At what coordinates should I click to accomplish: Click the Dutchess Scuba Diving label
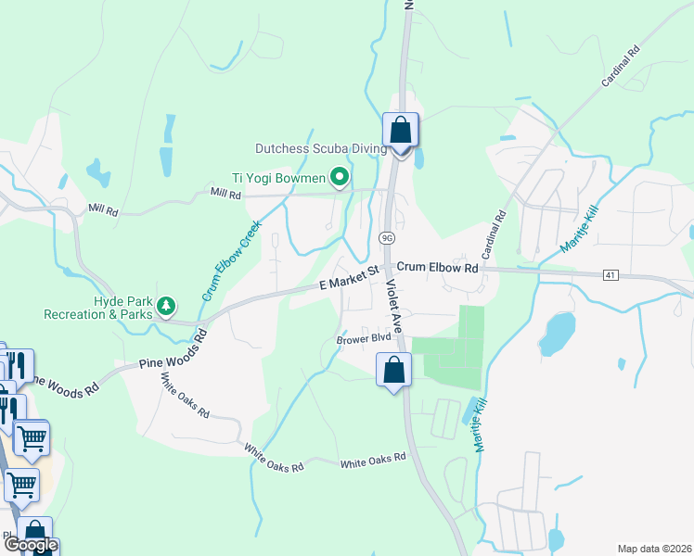click(321, 148)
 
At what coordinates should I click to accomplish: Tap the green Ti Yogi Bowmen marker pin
click(341, 175)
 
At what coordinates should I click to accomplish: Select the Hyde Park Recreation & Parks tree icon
click(166, 305)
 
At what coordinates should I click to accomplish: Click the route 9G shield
click(387, 238)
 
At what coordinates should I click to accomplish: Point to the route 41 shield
click(610, 275)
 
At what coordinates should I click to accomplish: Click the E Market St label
click(350, 277)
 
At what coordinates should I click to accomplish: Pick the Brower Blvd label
click(364, 339)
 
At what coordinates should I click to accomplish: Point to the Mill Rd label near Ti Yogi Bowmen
click(225, 194)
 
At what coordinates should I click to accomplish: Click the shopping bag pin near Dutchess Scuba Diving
click(401, 131)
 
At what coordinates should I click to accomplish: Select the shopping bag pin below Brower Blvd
click(394, 371)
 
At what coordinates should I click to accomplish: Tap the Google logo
click(30, 545)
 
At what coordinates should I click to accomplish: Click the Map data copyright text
click(655, 549)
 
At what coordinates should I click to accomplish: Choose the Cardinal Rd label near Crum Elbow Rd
click(492, 235)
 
